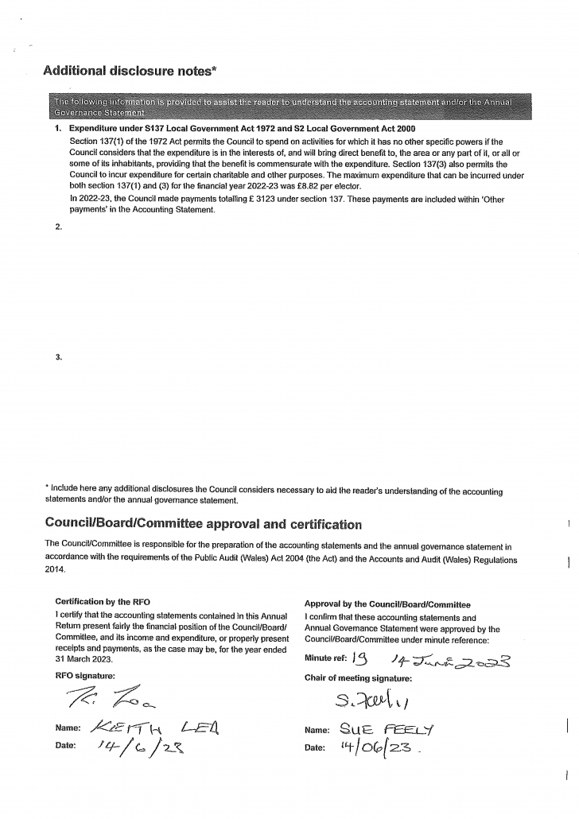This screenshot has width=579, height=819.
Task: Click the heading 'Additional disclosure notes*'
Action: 130,71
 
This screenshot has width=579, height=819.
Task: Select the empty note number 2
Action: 59,227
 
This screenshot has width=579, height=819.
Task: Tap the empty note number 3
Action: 59,357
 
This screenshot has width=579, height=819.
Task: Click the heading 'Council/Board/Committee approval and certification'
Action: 203,524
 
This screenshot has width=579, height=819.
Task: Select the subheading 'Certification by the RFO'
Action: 101,601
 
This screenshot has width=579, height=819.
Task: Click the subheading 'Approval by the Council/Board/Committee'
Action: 387,604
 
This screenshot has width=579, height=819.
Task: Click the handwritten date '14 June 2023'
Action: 449,659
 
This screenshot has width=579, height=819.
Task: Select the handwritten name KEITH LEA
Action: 150,727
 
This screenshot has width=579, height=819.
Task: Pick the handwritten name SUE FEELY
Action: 379,729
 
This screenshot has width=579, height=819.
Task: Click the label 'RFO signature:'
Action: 84,676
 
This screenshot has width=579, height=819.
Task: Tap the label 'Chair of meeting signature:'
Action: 358,678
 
